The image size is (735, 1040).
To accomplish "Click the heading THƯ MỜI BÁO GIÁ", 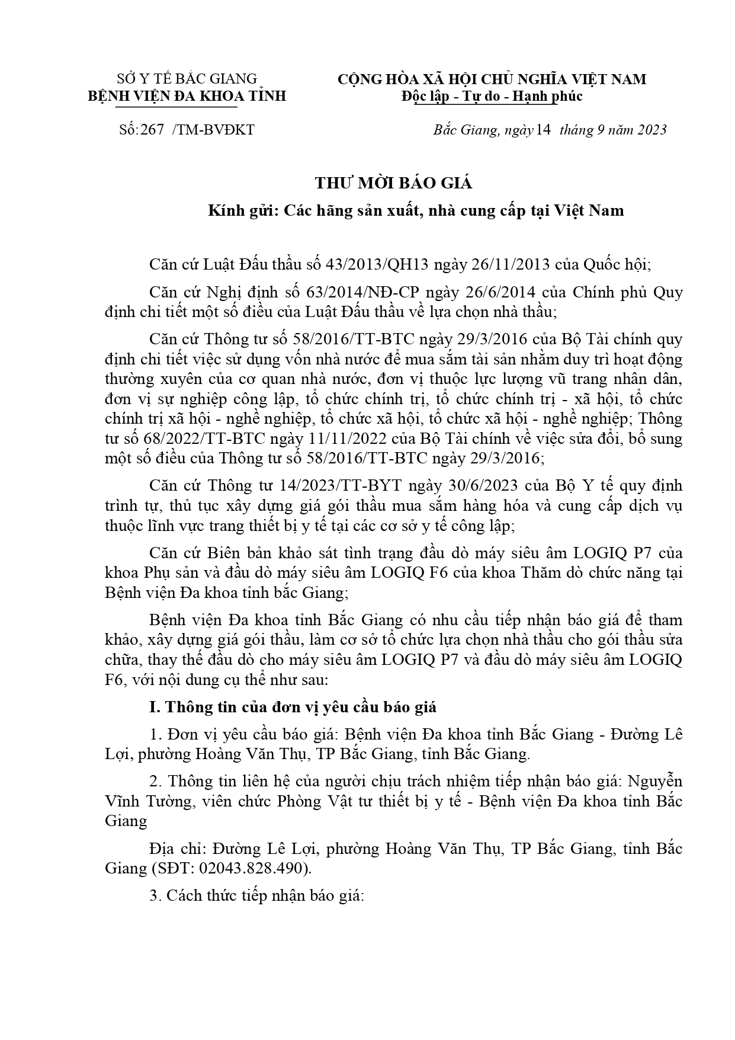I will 393,183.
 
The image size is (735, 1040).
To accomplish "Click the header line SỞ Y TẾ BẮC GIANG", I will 187,79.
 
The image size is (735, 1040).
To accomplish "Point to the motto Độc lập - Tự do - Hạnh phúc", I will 492,96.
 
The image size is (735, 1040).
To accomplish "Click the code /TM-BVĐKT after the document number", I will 213,130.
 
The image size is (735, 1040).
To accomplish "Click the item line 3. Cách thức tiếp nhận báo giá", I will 256,896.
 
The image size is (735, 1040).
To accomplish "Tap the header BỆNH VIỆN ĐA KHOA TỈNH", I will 187,96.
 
